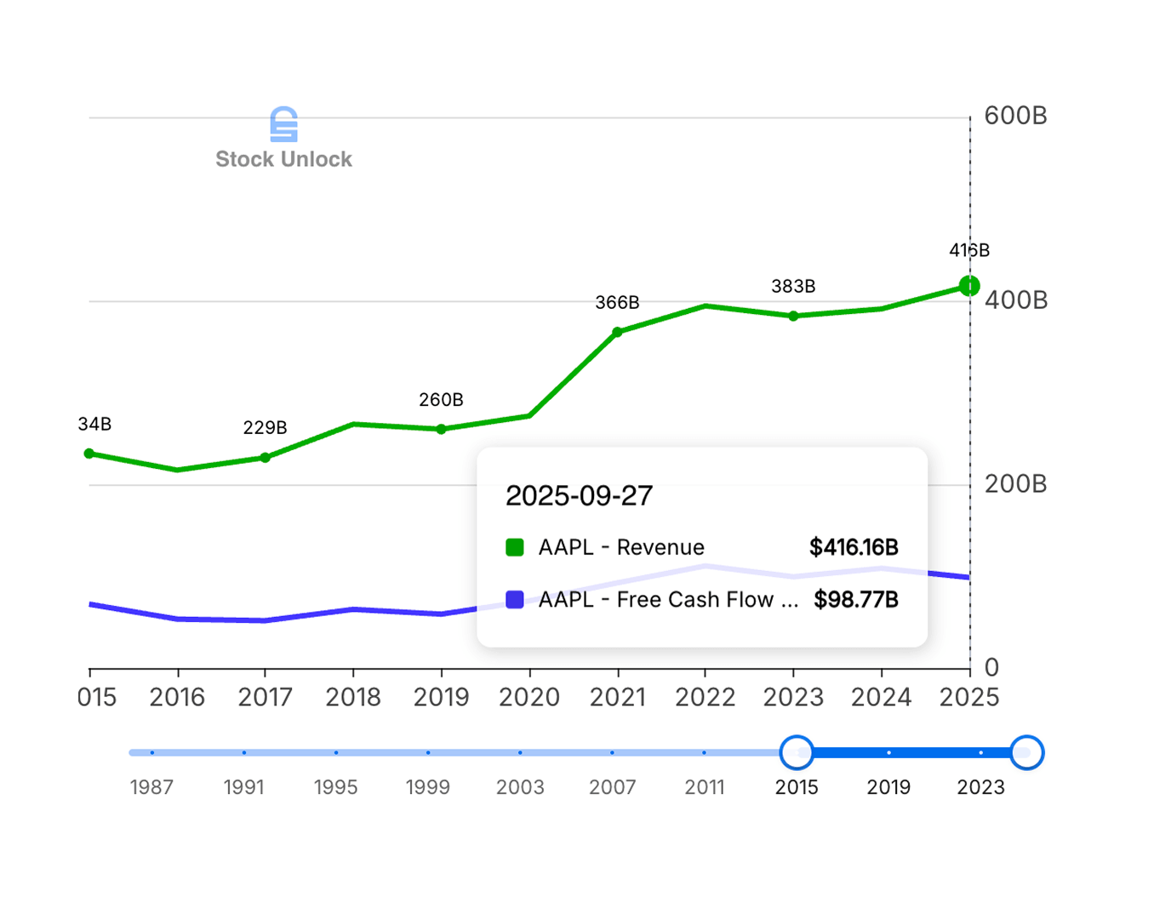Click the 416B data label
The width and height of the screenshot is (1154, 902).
[x=968, y=250]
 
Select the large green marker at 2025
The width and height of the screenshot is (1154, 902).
[x=968, y=286]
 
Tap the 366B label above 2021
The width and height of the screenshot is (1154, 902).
[x=617, y=303]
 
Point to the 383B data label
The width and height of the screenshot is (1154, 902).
[x=793, y=287]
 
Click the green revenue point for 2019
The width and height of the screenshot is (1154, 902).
[x=441, y=429]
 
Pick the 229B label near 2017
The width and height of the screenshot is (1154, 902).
[x=265, y=428]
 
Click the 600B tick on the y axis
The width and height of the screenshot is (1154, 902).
[x=1014, y=116]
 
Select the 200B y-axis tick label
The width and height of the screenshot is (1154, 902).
[x=1014, y=484]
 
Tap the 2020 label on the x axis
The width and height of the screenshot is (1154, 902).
[x=528, y=698]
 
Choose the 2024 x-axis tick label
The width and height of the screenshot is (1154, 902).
[x=881, y=698]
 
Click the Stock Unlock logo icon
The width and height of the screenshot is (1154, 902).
[x=283, y=125]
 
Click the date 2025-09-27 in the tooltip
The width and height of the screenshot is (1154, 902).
[x=579, y=496]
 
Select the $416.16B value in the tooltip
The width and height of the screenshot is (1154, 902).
[x=854, y=547]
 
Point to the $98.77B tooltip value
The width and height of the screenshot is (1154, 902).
[x=855, y=600]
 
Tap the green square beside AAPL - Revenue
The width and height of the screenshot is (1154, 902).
[x=515, y=547]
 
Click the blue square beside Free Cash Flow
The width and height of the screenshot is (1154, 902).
[x=515, y=600]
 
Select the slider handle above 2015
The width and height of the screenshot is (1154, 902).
[x=797, y=752]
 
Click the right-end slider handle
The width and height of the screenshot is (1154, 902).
[x=1026, y=752]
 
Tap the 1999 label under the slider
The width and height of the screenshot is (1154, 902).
[x=427, y=788]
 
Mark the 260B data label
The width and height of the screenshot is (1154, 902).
[x=441, y=400]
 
